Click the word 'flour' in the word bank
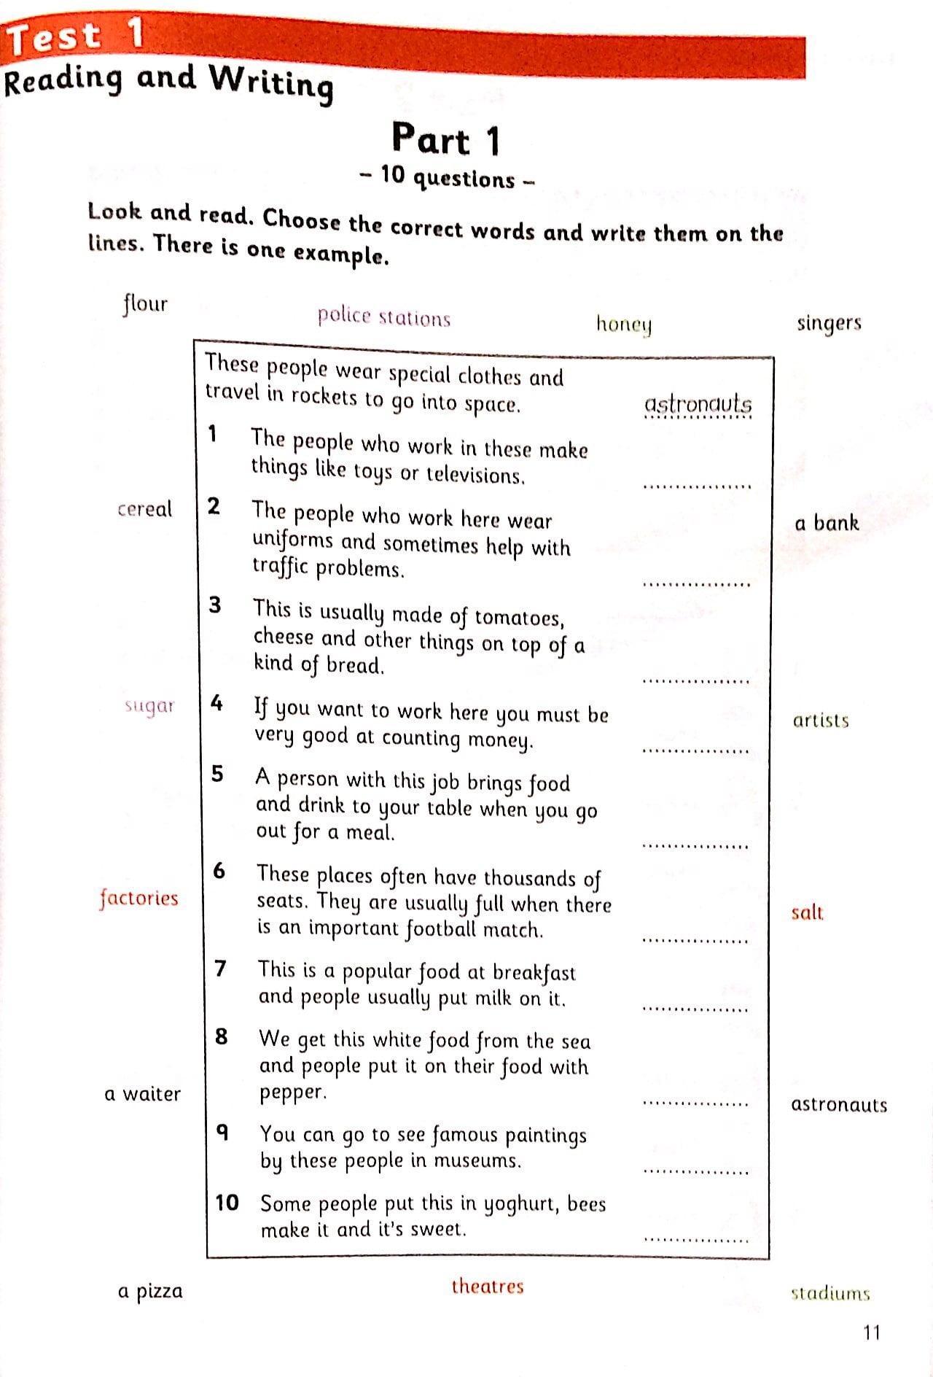(145, 303)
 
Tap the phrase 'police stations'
(383, 317)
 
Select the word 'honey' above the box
(623, 324)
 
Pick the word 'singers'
(829, 322)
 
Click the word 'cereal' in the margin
(144, 509)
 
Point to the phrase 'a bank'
(827, 523)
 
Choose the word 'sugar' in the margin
(149, 706)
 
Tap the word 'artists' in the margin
(821, 721)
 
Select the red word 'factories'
(138, 898)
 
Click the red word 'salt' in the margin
(807, 912)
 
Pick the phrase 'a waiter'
(142, 1094)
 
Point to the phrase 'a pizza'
(150, 1292)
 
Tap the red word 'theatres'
(487, 1286)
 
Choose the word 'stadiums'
(830, 1294)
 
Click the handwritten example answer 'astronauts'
(698, 405)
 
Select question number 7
(221, 969)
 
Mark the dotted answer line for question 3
(696, 681)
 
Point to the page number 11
(872, 1333)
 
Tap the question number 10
(227, 1202)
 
